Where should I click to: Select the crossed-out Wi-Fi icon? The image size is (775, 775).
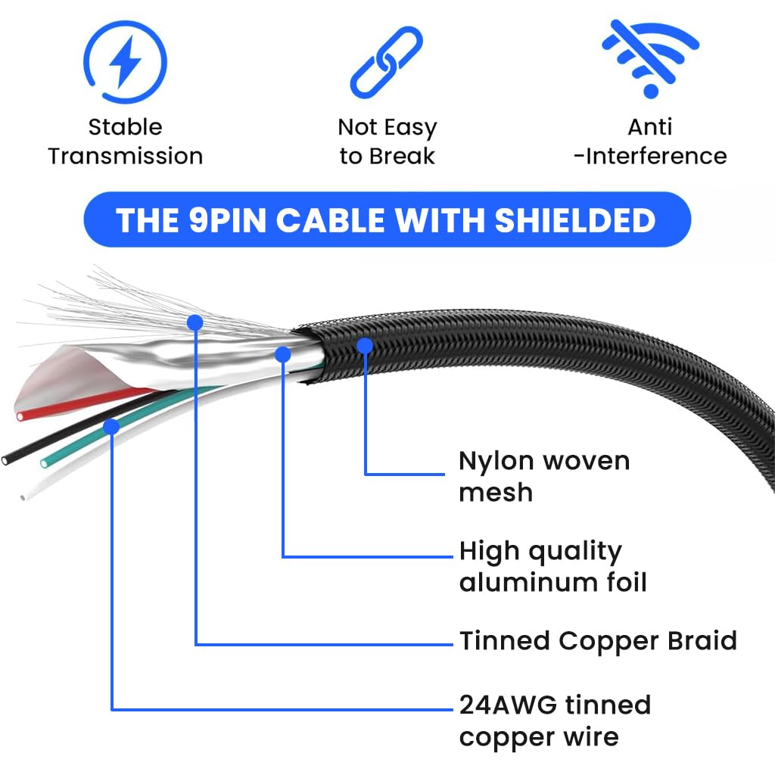tap(649, 58)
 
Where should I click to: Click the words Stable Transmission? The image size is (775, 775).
tap(126, 142)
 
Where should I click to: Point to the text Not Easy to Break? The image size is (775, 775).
tap(387, 142)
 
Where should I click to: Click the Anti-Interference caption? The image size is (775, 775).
tap(649, 142)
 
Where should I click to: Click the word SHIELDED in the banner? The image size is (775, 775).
tap(575, 220)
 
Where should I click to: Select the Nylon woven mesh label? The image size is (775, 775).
tap(543, 476)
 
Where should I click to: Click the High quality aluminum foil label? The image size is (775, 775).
tap(552, 566)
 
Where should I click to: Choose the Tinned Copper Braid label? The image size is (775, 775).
tap(598, 641)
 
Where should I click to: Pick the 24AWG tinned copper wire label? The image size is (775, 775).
tap(554, 721)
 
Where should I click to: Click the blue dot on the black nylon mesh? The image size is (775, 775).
tap(365, 346)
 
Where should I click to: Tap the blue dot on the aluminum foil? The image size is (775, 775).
tap(283, 353)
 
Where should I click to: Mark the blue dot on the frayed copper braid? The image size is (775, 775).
tap(195, 322)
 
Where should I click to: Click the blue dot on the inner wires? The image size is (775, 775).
tap(111, 426)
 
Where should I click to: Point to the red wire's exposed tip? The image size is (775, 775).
tap(20, 416)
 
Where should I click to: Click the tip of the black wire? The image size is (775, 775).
tap(6, 459)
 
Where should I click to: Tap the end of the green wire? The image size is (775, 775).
tap(44, 461)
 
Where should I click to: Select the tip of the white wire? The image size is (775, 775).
tap(23, 497)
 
